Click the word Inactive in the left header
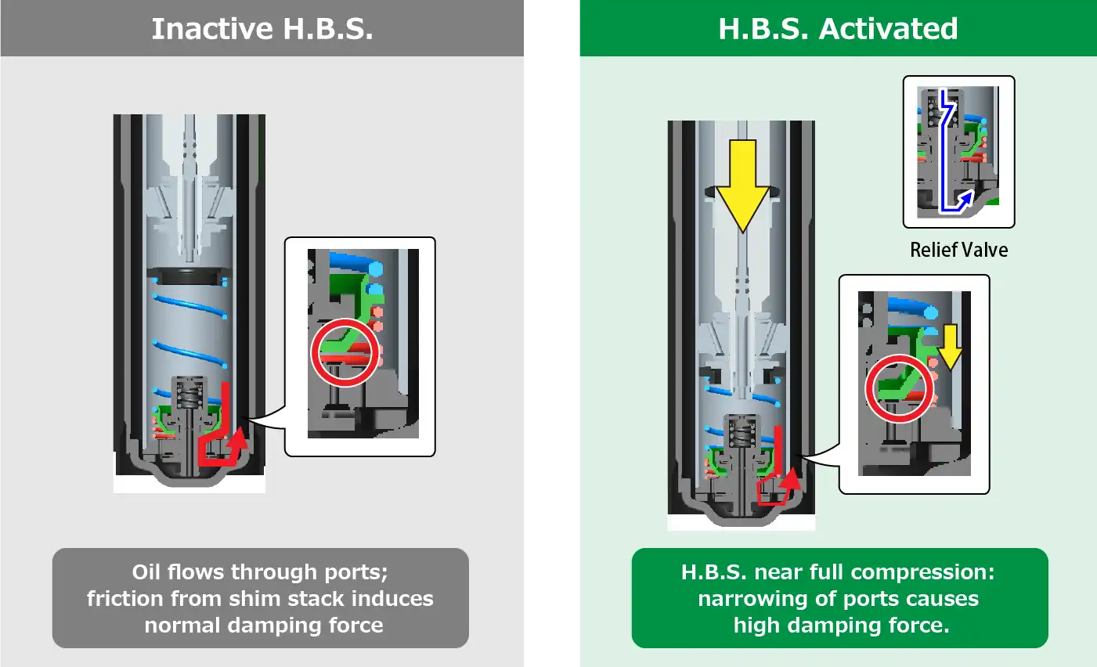pyautogui.click(x=212, y=29)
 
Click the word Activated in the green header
pyautogui.click(x=888, y=29)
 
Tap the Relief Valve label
pyautogui.click(x=958, y=250)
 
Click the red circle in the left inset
pyautogui.click(x=345, y=352)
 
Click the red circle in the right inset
pyautogui.click(x=900, y=388)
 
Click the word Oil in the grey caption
pyautogui.click(x=146, y=572)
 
